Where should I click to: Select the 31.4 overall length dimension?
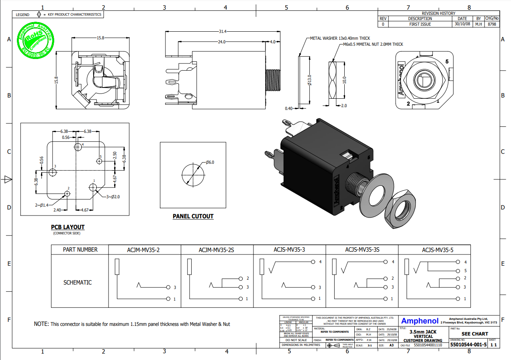tap(223, 32)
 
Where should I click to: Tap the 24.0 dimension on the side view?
tap(222, 42)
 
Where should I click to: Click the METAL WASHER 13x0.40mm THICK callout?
tap(340, 39)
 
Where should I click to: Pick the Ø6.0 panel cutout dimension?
tap(210, 162)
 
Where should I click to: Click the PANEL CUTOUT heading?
tap(193, 216)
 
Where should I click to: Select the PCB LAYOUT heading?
tap(67, 227)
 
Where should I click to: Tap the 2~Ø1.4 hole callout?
tap(41, 205)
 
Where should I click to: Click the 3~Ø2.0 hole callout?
tap(113, 197)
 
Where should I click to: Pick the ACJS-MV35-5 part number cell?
tap(437, 250)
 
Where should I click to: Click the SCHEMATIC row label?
tap(78, 283)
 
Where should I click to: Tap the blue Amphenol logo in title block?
tap(420, 321)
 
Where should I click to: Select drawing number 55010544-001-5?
tap(468, 345)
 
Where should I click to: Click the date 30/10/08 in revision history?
tap(462, 24)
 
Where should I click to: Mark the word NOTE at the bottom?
tap(41, 324)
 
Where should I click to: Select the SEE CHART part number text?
tap(474, 334)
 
